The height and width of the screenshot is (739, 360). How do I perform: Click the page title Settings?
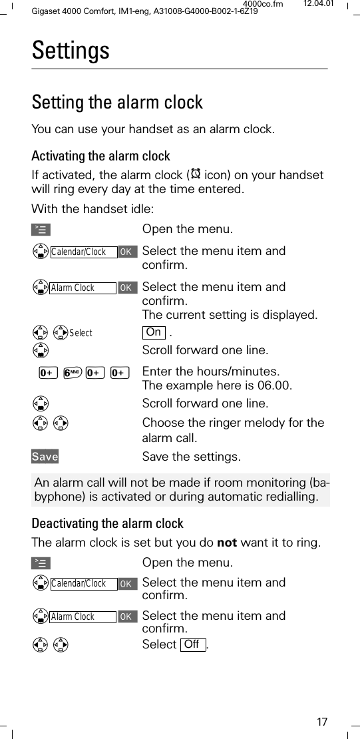click(71, 51)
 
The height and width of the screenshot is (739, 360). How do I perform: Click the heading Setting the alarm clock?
click(117, 103)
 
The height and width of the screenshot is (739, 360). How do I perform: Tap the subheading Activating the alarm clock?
click(101, 156)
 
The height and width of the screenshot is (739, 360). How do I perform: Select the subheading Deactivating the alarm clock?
click(108, 523)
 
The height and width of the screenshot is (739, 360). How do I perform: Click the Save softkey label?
click(45, 457)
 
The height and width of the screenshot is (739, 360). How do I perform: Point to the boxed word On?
click(153, 332)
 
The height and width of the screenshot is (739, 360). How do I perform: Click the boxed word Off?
click(192, 644)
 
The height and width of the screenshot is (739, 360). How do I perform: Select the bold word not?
click(227, 543)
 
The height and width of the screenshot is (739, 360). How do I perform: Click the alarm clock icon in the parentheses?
click(196, 175)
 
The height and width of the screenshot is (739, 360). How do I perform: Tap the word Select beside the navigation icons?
click(81, 333)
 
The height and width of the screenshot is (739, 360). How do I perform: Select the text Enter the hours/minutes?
click(211, 371)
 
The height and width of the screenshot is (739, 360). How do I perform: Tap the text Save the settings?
click(192, 457)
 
